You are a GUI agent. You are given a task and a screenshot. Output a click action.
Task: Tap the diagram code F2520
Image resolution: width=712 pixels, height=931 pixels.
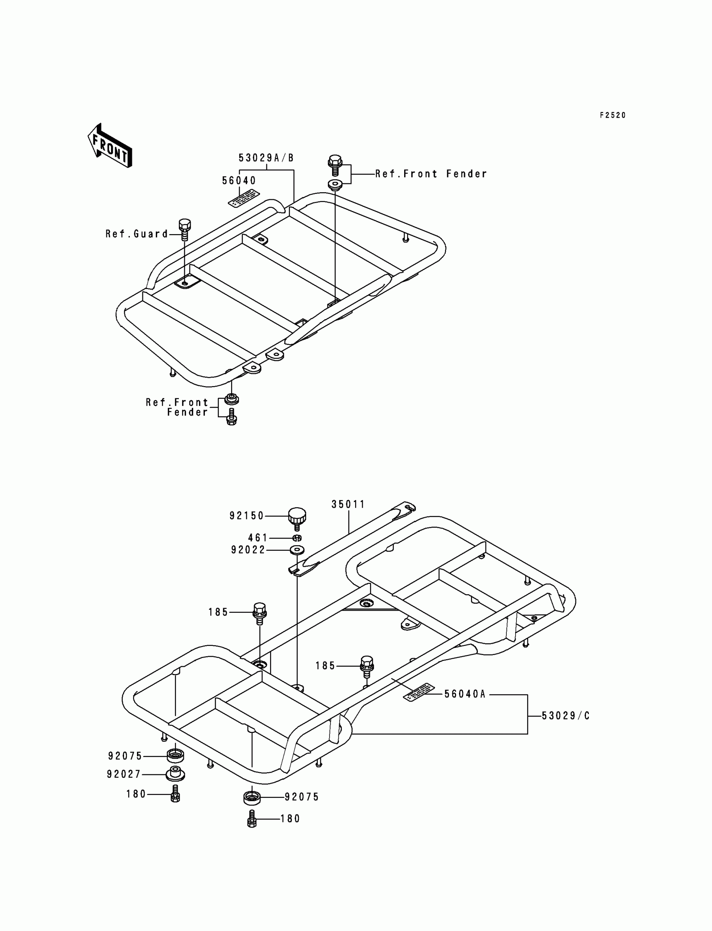612,115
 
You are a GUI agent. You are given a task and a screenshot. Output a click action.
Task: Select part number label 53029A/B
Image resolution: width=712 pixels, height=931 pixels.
266,158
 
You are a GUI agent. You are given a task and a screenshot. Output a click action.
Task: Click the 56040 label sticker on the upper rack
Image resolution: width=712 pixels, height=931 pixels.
244,198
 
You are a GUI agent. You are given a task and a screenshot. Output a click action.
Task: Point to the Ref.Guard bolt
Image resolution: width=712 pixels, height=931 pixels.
184,230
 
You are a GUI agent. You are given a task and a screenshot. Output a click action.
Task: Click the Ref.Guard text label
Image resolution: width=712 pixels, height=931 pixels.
137,234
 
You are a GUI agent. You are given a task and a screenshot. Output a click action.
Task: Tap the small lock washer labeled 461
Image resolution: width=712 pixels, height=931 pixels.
297,538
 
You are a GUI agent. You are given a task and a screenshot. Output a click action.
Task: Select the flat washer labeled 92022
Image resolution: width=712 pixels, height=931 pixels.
297,550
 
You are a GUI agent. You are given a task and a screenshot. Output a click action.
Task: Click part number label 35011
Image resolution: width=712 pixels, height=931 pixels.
348,504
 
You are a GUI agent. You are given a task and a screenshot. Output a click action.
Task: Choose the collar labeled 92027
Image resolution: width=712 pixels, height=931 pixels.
175,774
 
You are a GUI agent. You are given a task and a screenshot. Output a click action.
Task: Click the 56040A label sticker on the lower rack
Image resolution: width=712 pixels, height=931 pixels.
419,692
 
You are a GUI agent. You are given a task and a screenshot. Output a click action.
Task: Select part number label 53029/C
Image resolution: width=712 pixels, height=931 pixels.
566,716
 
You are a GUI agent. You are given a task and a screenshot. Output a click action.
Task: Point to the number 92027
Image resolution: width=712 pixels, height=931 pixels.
123,774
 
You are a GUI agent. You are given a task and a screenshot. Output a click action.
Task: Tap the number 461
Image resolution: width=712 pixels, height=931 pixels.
258,538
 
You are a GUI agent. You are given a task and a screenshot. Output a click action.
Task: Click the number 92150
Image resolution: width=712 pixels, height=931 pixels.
247,516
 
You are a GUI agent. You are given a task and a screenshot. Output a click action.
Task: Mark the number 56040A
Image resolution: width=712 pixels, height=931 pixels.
464,694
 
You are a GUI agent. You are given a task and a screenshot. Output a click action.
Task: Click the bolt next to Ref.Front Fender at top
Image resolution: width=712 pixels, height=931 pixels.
335,165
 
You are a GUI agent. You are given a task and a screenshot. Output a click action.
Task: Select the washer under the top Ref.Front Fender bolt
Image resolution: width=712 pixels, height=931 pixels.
335,185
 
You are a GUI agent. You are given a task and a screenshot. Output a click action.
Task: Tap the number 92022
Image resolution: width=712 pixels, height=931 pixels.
248,550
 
